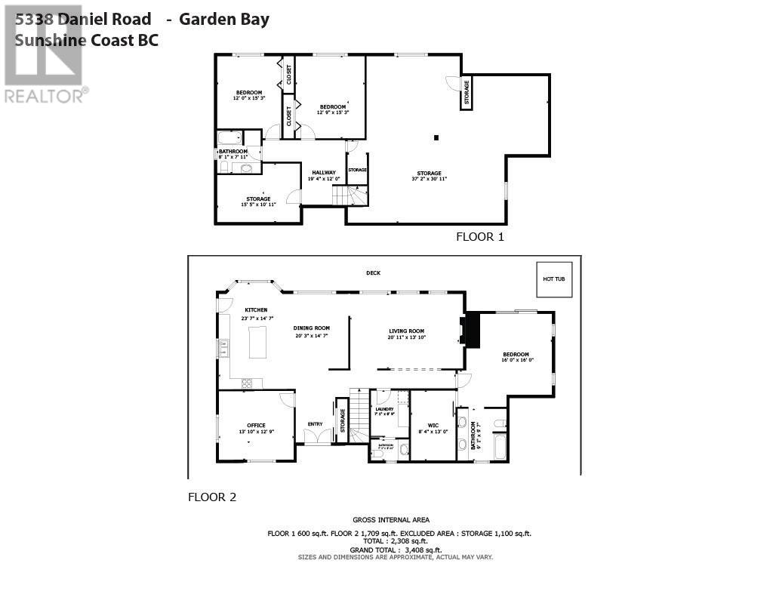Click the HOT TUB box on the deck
coord(554,279)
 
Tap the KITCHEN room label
coord(256,310)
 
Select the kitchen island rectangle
coord(258,342)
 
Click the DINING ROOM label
coord(311,328)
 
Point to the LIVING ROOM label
coord(406,331)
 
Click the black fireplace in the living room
coord(473,330)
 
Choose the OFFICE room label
coord(256,425)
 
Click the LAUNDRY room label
coord(385,409)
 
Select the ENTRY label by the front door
coord(315,423)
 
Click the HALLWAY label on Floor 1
coord(324,173)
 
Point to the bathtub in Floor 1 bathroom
coord(229,138)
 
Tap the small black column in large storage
coord(436,137)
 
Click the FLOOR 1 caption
coord(479,236)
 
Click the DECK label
coord(373,272)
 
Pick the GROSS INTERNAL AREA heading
coord(391,519)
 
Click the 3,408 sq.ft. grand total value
coord(423,550)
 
